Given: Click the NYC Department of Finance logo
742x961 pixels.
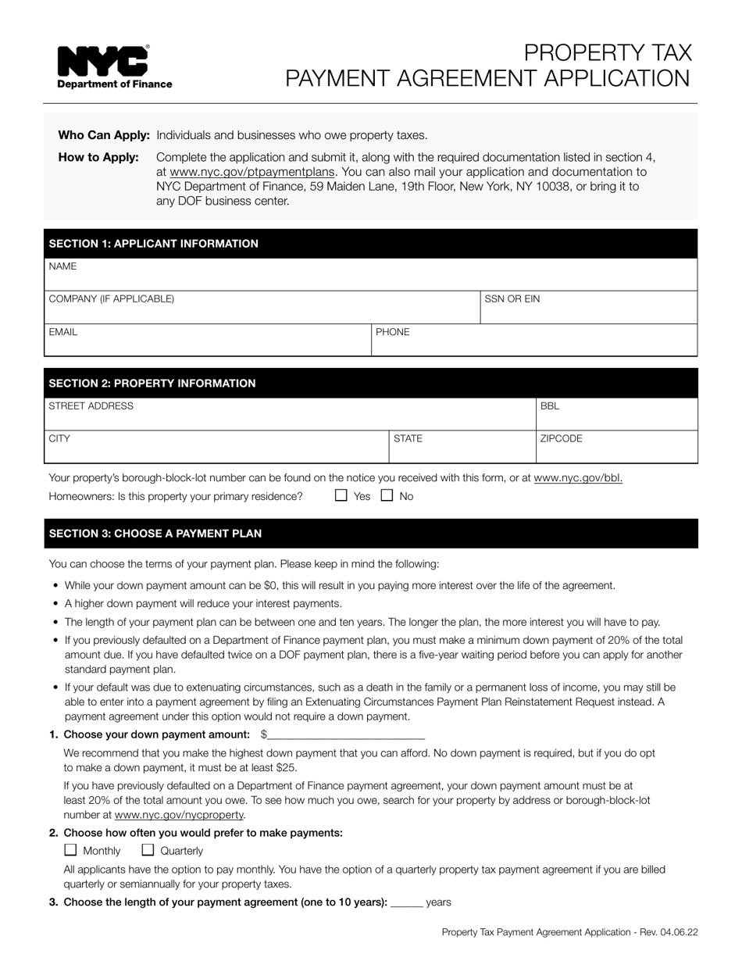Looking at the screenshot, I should pos(114,67).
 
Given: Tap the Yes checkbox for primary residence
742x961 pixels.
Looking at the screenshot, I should pos(341,495).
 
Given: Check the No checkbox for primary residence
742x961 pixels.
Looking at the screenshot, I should pos(387,495).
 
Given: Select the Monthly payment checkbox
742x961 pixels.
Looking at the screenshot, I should pos(70,850).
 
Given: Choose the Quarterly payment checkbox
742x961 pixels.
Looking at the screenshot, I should pos(148,850).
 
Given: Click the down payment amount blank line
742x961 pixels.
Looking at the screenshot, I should pos(347,734).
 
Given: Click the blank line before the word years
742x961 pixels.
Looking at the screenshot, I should pos(406,902).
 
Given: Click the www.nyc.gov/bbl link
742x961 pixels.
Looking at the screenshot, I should pos(578,478).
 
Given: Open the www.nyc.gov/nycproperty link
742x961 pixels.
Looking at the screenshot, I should pos(180,815).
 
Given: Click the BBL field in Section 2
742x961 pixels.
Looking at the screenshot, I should pos(616,414).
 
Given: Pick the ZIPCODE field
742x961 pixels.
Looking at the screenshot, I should pos(616,447).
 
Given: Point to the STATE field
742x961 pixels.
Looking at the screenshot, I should pos(462,447).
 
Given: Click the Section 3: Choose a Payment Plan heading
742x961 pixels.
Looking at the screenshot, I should pos(155,534).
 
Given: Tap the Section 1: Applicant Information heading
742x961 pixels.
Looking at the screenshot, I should pos(153,244).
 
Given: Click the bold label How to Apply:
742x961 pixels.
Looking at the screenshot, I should pos(98,158).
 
